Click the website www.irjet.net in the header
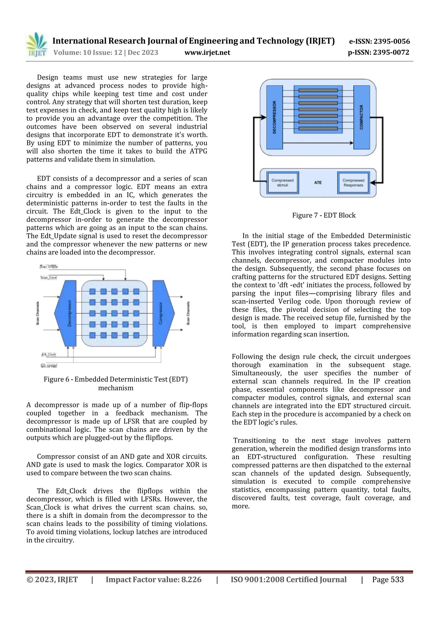tap(207, 53)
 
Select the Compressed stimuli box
tap(282, 183)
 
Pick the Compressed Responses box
tap(353, 183)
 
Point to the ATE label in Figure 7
tap(318, 183)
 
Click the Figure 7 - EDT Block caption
tap(324, 215)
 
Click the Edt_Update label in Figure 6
tap(49, 365)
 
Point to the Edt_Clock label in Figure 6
tap(49, 354)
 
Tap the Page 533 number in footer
tap(388, 579)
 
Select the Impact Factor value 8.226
tap(191, 579)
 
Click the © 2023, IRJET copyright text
tap(52, 579)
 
